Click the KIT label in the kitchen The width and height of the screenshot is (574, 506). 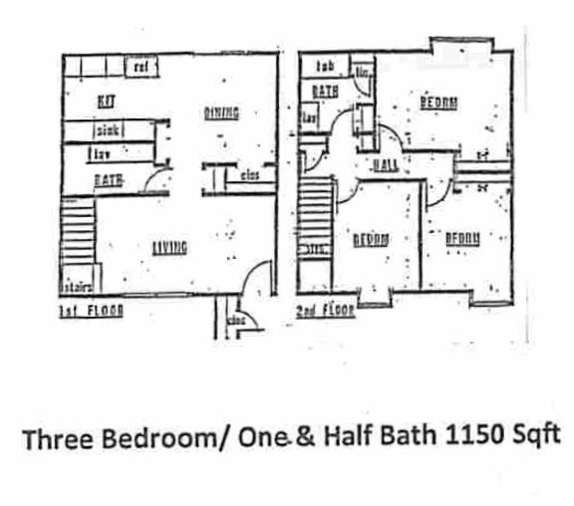click(x=106, y=101)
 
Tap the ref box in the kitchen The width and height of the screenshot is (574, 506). click(x=141, y=67)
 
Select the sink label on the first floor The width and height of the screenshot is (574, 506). click(x=109, y=130)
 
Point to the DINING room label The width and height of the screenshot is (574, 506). click(x=221, y=114)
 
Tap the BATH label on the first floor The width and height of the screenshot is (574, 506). click(x=108, y=180)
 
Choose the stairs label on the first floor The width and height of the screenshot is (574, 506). click(x=77, y=288)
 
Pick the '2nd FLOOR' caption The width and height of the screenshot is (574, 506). click(x=325, y=312)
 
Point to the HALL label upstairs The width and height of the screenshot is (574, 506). click(x=385, y=164)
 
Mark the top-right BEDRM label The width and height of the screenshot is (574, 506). click(x=438, y=102)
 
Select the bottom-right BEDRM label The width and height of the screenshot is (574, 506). click(x=463, y=238)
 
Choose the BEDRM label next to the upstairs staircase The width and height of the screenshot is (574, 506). click(x=372, y=239)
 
